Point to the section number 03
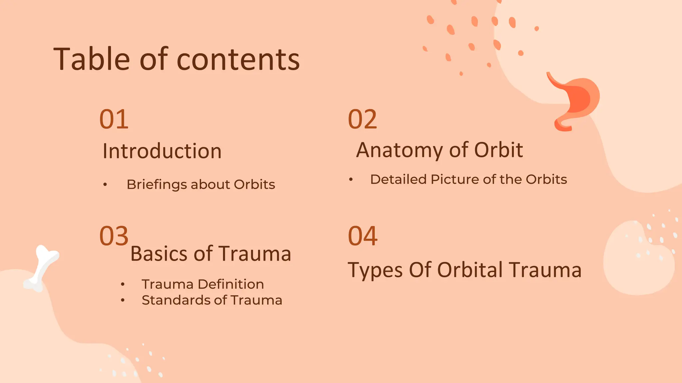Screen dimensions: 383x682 pos(114,236)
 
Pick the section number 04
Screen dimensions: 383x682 pos(362,236)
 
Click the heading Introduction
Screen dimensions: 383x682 pos(162,151)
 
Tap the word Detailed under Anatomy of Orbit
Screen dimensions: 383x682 pos(398,180)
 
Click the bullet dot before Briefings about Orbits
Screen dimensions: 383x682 pos(105,185)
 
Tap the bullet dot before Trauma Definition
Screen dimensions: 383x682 pos(123,284)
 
